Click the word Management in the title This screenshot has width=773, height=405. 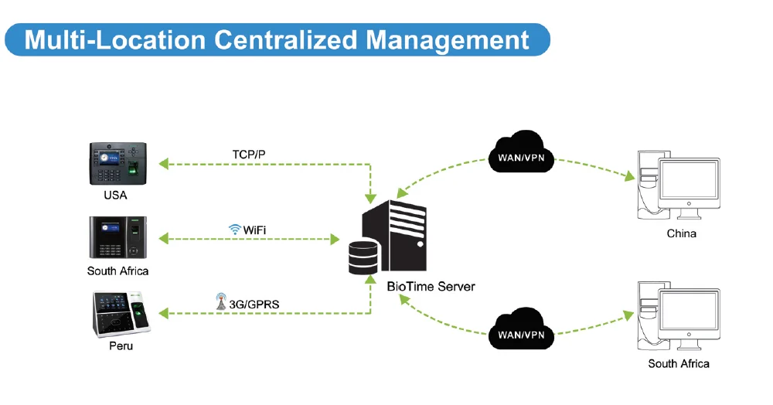pos(448,40)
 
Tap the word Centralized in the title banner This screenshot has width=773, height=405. pos(285,39)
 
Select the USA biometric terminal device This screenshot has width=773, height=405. pos(117,164)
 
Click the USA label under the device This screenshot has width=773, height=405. pos(115,195)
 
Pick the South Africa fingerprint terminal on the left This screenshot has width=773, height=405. pos(117,237)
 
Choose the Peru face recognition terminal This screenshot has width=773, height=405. pos(121,314)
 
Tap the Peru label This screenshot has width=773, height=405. pos(121,346)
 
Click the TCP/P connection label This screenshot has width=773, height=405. pos(249,155)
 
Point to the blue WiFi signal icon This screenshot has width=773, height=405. pos(235,229)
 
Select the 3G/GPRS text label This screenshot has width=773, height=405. pos(254,305)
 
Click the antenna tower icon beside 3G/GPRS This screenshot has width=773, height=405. pos(221,301)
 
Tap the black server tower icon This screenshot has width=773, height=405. pos(394,235)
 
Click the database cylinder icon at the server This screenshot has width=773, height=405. pos(363,257)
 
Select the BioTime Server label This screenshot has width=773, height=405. pos(431,287)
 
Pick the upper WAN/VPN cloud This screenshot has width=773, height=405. pos(521,151)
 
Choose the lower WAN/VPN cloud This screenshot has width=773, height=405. pos(521,329)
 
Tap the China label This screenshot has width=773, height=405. pos(681,233)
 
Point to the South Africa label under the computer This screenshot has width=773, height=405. pos(679,363)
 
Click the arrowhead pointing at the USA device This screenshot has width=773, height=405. pos(163,164)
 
